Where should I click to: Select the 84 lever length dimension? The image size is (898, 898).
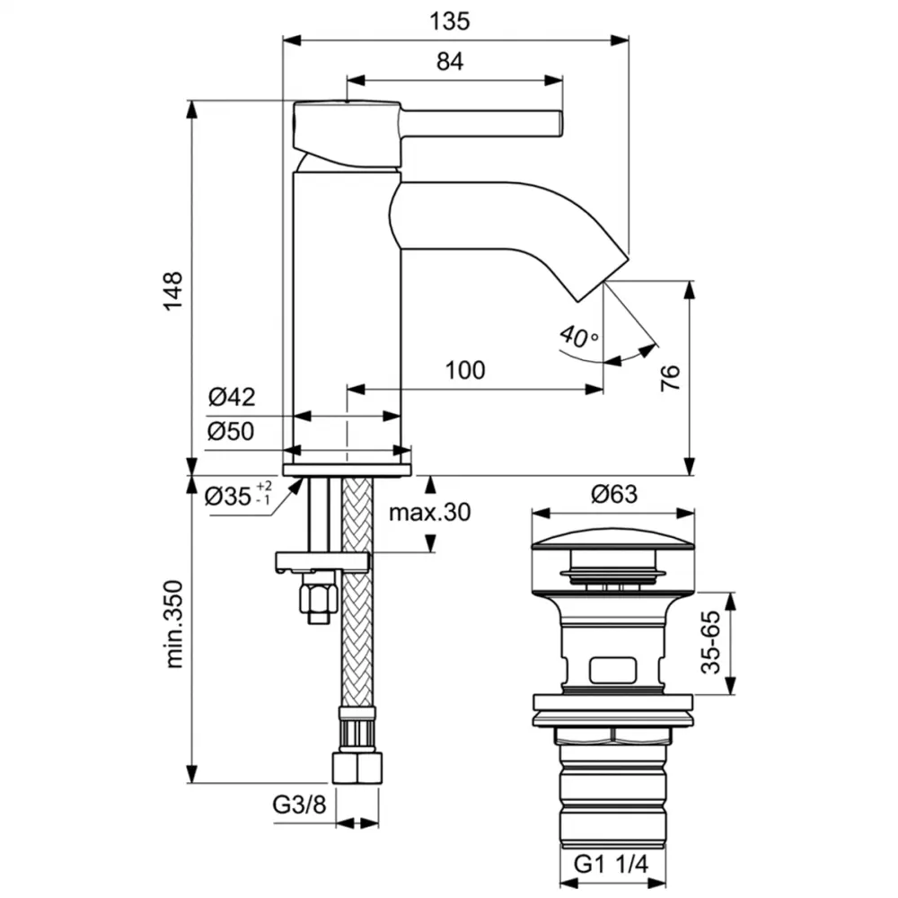click(452, 61)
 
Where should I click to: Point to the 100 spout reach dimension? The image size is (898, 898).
click(464, 370)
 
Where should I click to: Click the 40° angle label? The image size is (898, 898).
click(578, 337)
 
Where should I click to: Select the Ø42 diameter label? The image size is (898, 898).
click(232, 397)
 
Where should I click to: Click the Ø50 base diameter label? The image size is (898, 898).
click(232, 432)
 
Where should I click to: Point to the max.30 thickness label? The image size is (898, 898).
click(429, 513)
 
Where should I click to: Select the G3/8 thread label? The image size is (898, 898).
click(299, 806)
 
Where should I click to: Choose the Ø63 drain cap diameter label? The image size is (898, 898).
click(612, 494)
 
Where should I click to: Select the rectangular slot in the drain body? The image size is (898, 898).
click(612, 670)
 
